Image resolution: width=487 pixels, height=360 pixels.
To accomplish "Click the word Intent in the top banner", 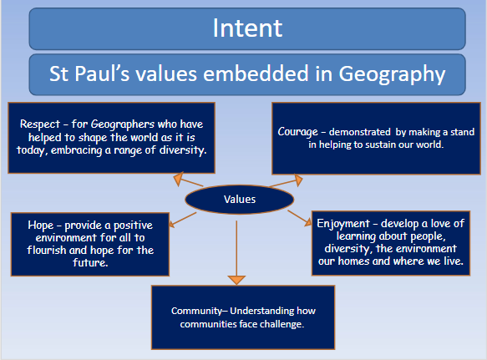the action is coord(247,28).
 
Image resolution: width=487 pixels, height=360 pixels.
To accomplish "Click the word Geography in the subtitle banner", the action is coord(392,74).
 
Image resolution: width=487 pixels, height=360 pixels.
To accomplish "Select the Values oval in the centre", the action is coord(240,200).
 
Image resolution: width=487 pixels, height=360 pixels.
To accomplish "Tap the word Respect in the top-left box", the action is coord(40,124).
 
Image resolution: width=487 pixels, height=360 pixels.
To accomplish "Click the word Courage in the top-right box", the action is coord(298,132).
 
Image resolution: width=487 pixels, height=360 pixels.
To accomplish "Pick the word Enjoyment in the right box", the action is coord(343,224).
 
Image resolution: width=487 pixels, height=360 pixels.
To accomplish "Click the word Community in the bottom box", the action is coord(196,311).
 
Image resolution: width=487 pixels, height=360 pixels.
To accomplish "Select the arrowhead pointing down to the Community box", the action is coord(236,280).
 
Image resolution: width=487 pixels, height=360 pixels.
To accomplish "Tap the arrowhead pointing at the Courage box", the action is coord(298,180).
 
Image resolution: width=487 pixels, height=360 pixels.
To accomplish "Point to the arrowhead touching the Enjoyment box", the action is coord(308,222).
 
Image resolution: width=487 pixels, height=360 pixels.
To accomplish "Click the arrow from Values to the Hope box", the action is coord(183,220).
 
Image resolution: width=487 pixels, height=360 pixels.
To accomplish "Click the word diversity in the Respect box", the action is coord(183,150).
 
